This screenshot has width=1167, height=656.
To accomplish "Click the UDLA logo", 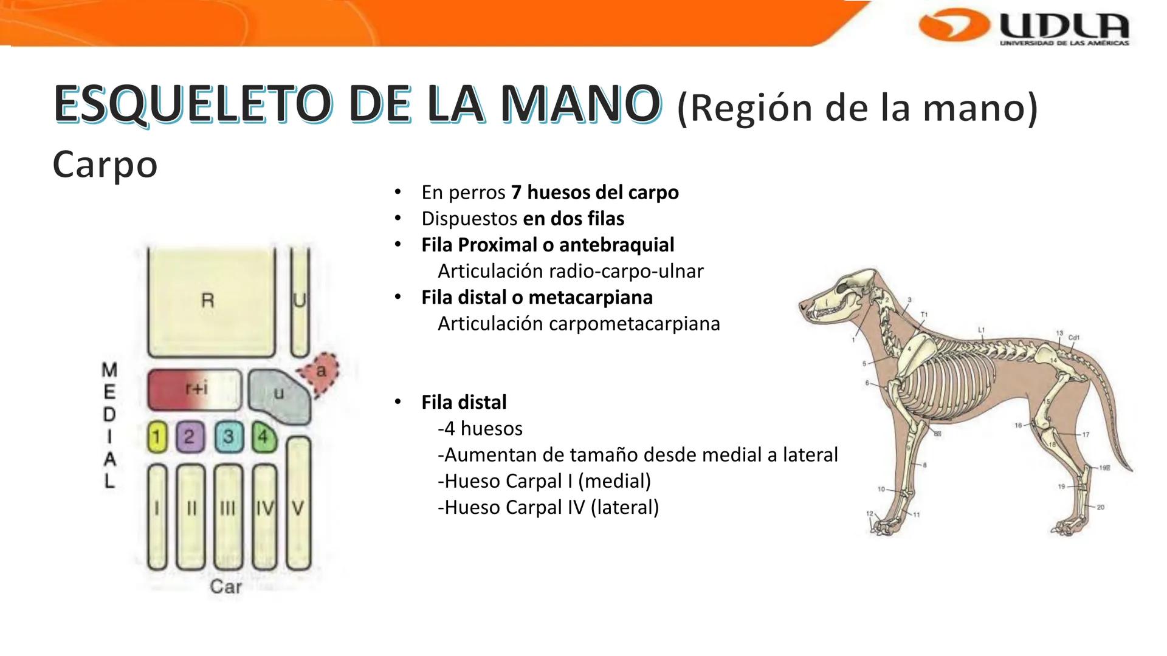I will [x=1025, y=27].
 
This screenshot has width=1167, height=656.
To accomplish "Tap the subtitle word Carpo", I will [x=105, y=164].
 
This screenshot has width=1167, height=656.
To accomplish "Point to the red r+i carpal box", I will [x=194, y=389].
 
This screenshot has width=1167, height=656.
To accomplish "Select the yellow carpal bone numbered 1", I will [x=157, y=437].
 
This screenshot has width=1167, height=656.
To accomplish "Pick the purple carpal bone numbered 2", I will [x=190, y=437].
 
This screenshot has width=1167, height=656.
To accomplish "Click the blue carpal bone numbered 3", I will [x=228, y=437].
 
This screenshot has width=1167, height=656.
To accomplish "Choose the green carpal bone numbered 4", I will [x=264, y=437].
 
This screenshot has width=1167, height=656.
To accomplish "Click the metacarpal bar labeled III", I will [x=228, y=516].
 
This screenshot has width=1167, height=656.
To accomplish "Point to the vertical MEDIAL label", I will [x=109, y=425].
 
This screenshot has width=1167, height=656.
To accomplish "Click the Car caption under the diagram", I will [x=225, y=587].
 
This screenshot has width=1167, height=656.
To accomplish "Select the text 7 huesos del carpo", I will [x=594, y=193].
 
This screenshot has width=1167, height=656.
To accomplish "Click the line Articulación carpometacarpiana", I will [x=578, y=324].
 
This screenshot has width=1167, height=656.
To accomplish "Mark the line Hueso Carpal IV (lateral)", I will [x=548, y=507].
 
